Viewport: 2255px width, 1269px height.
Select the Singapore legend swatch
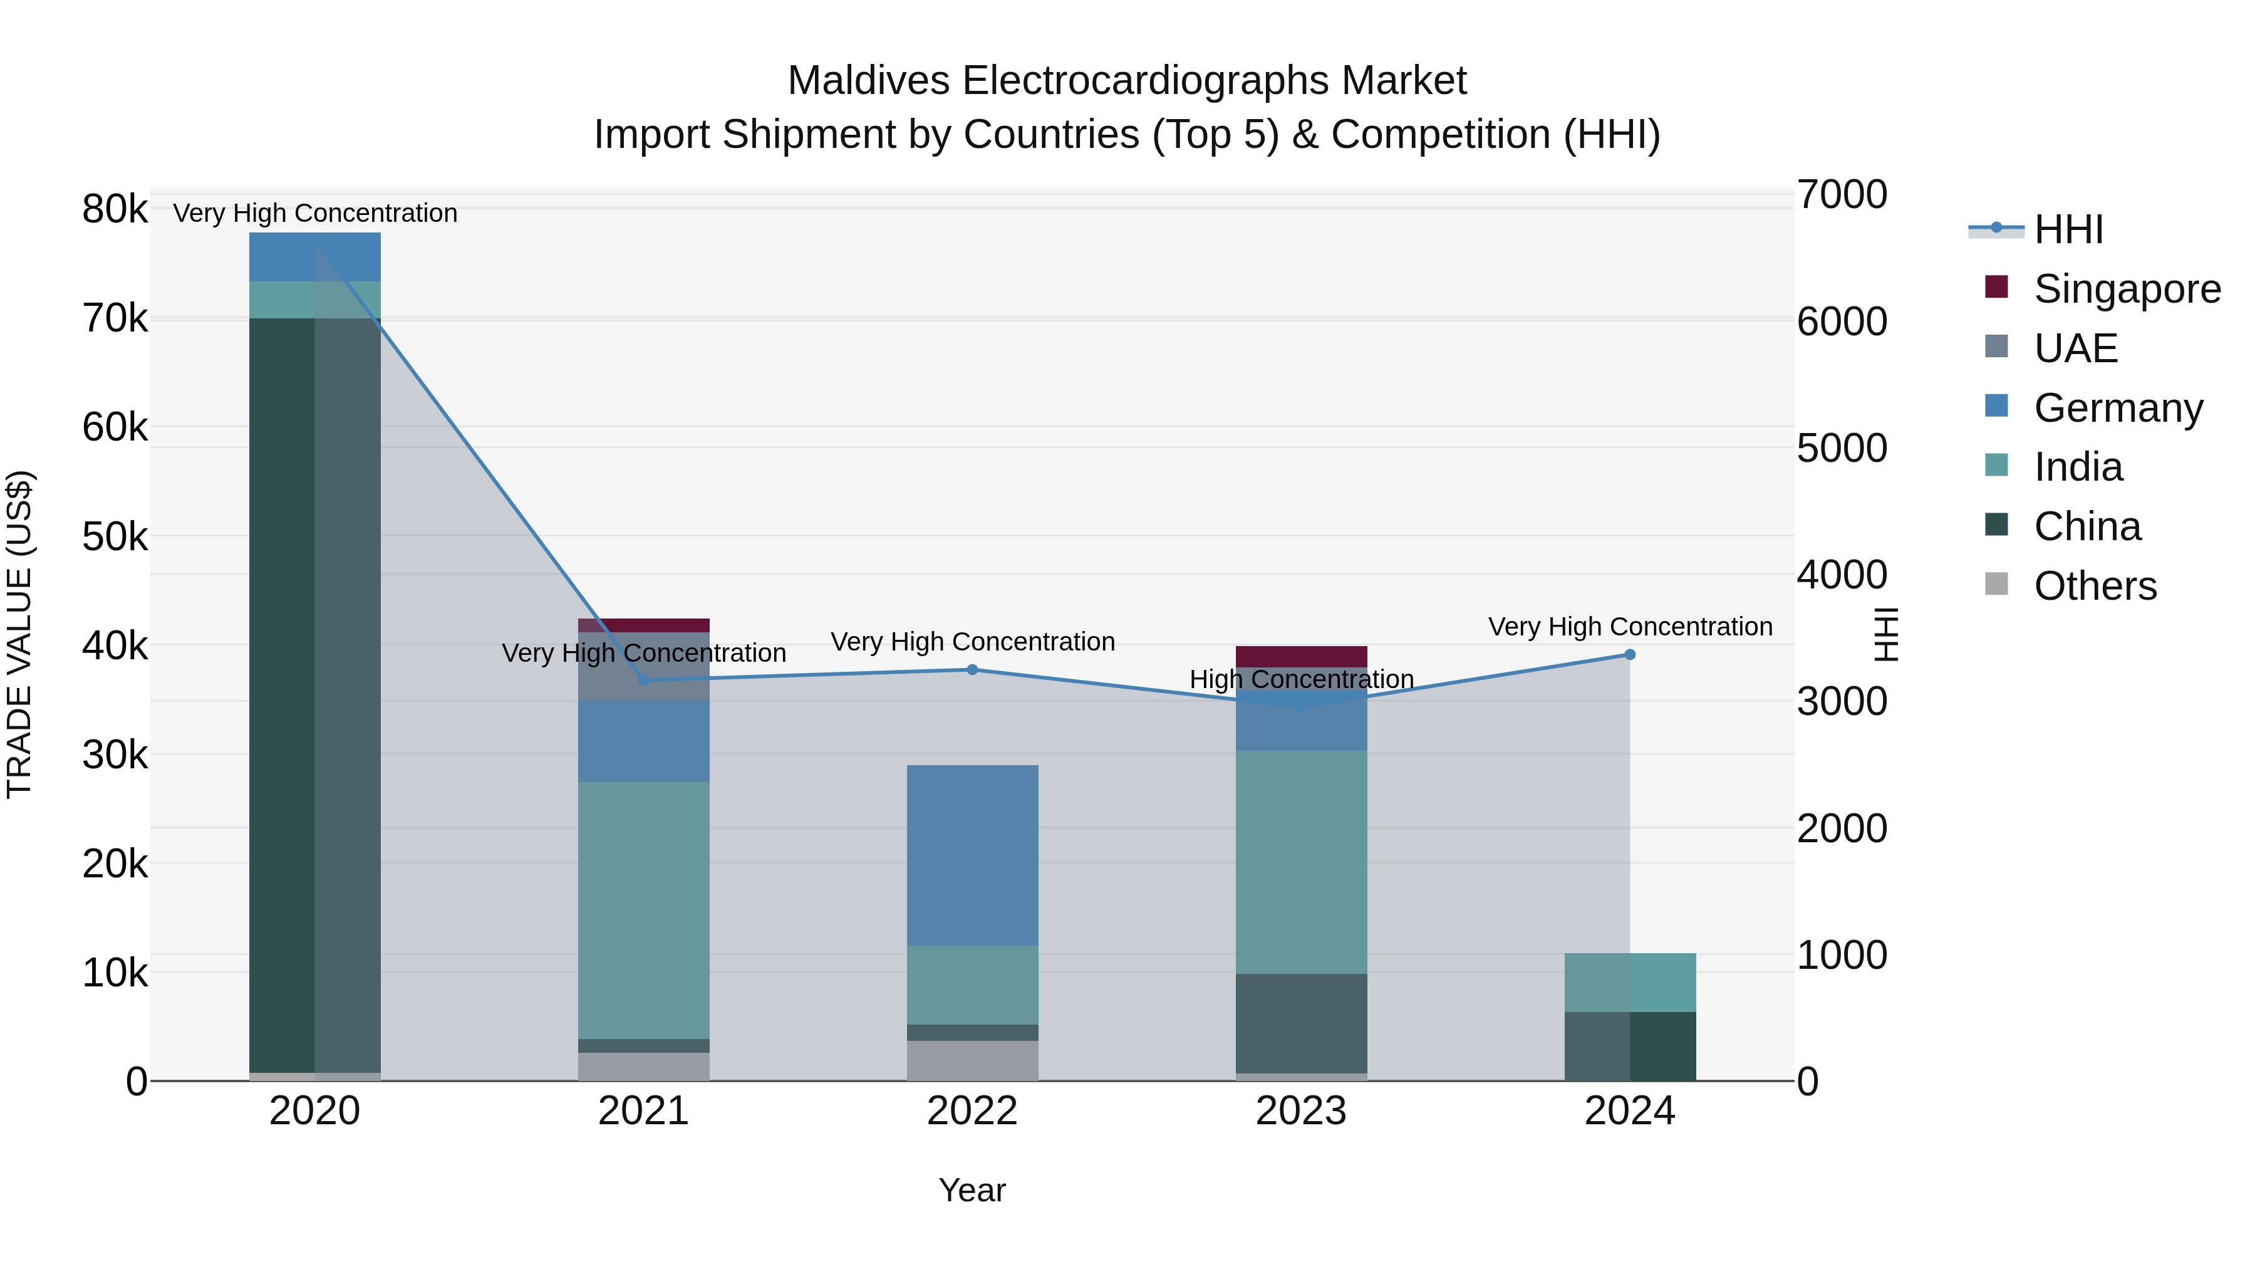pos(1997,287)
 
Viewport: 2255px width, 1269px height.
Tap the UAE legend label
pos(2076,348)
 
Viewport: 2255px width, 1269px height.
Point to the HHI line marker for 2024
pos(1630,654)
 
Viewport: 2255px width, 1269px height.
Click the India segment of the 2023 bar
pos(1301,862)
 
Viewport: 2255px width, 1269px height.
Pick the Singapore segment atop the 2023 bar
pos(1301,656)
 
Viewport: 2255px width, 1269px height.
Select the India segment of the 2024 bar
pos(1630,982)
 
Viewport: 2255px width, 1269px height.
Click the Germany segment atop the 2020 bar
pos(314,256)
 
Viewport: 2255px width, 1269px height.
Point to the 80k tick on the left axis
pos(115,209)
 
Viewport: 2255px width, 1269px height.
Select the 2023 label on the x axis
pos(1301,1111)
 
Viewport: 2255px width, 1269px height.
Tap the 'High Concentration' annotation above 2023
pos(1301,679)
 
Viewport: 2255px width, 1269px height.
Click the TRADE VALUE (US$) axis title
pos(19,634)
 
